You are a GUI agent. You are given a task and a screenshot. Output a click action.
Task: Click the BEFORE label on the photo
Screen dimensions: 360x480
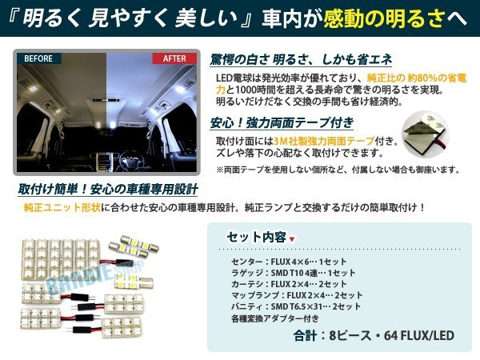coord(41,59)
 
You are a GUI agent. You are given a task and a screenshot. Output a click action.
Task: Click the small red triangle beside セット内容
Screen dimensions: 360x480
coord(291,238)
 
